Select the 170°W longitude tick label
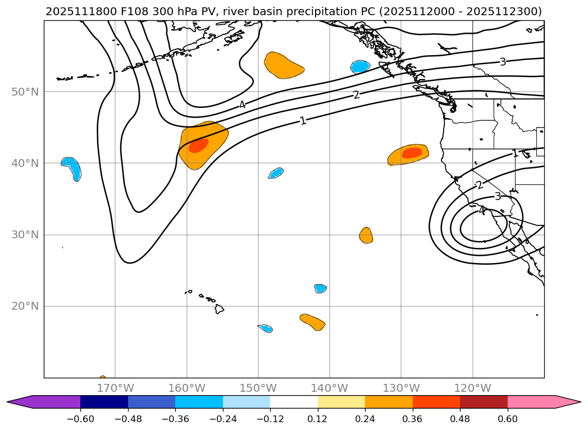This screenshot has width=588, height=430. (115, 388)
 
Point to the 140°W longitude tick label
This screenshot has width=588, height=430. (330, 388)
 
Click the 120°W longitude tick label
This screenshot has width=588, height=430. (472, 388)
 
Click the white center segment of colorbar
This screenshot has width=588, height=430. (294, 401)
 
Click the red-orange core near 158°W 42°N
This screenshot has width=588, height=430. (198, 146)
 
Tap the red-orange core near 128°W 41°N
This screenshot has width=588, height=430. (412, 152)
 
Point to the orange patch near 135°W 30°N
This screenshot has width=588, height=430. (366, 235)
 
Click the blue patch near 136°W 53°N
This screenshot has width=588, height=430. (360, 66)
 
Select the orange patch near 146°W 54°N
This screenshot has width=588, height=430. (282, 65)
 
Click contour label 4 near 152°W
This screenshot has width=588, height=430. (242, 105)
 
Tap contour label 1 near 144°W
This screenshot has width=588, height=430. (303, 120)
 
